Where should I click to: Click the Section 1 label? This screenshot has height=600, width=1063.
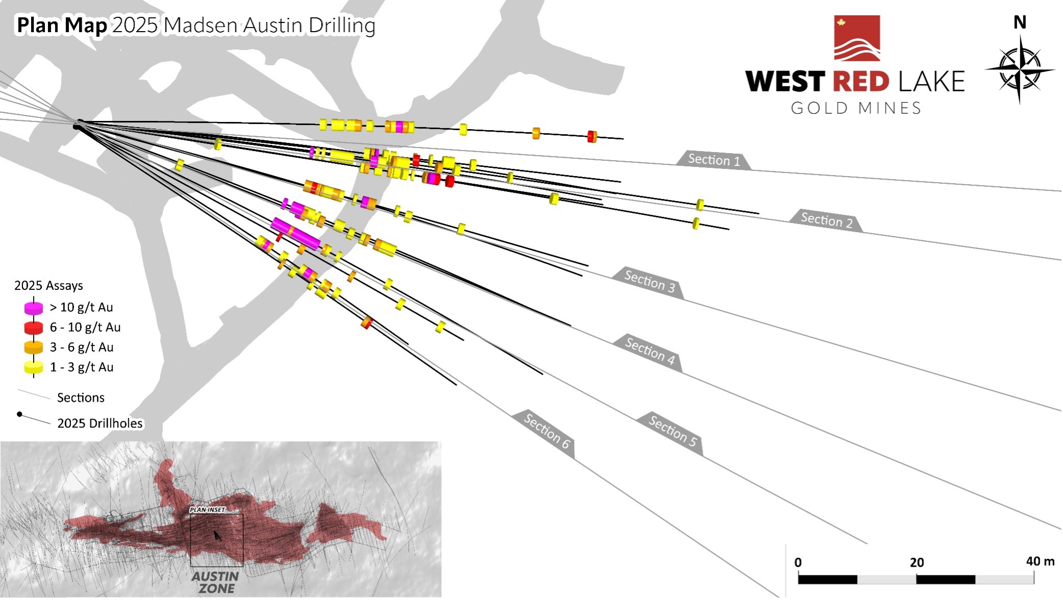point(713,160)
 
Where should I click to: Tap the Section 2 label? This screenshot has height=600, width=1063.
point(826,220)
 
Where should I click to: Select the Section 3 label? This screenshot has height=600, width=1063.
point(649,281)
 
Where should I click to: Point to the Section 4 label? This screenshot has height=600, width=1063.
point(650,351)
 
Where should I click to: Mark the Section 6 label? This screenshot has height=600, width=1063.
point(546,431)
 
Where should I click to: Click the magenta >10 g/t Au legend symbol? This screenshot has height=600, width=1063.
point(34,308)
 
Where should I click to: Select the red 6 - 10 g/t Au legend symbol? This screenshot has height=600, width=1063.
point(34,328)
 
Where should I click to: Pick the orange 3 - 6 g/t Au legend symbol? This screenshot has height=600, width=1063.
point(34,347)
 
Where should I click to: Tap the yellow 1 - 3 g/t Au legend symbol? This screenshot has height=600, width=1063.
point(34,367)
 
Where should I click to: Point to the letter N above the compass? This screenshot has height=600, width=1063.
point(1020,22)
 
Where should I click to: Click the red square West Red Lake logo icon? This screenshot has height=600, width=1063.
point(857,38)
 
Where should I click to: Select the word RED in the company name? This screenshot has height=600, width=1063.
point(861,82)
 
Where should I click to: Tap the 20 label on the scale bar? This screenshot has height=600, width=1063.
point(917,562)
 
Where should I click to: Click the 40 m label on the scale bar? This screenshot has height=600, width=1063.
point(1040,561)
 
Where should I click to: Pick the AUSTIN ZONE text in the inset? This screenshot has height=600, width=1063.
point(215,582)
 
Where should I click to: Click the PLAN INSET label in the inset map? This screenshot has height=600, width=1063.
point(207,510)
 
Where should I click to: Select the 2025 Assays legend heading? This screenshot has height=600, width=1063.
point(48,285)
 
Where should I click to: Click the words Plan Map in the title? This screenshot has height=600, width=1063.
point(62,25)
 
